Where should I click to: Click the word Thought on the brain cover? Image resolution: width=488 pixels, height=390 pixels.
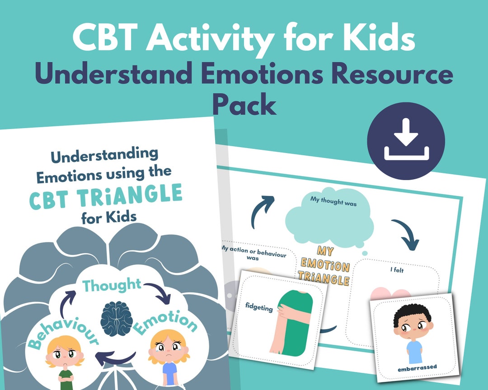coord(112,285)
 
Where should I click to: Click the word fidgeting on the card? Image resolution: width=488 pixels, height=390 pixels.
coord(260,309)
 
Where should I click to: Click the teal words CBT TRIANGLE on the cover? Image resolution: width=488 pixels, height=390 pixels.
coord(106,197)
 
